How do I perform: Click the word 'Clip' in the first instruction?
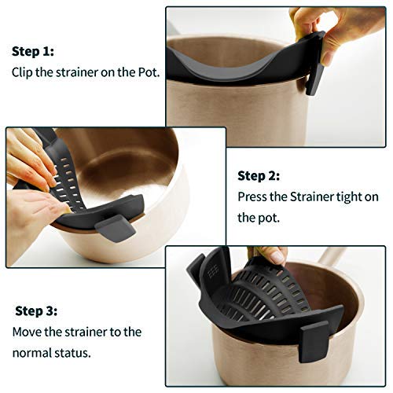(x=24, y=72)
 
